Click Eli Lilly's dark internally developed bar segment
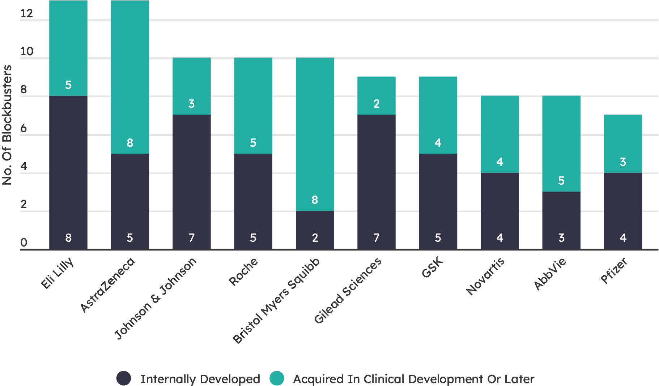[68, 172]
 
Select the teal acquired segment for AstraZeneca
[129, 77]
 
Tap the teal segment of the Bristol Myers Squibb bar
[315, 134]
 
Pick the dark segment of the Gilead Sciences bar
[376, 182]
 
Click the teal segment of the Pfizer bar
[623, 144]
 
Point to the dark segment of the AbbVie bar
[561, 220]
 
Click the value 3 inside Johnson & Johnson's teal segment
[191, 104]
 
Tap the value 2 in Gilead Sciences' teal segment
[377, 104]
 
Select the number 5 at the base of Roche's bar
[253, 238]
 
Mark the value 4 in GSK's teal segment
[438, 143]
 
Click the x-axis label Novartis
[485, 276]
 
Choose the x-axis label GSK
[433, 268]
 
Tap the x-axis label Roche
[244, 272]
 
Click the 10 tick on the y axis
[27, 52]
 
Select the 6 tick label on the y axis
[24, 129]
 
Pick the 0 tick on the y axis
[24, 243]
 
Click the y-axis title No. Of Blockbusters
[7, 125]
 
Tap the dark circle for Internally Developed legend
[124, 378]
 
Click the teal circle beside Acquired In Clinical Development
[277, 378]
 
